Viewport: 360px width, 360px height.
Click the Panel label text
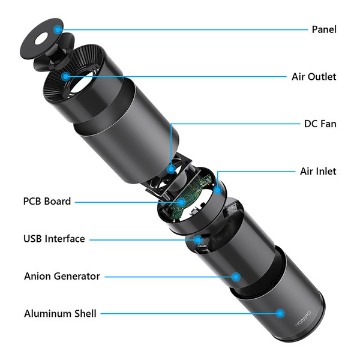point(324,29)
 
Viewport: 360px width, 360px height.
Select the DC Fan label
point(320,124)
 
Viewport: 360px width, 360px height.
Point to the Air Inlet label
point(318,171)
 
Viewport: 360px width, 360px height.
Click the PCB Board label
point(47,201)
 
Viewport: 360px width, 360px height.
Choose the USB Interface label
point(54,239)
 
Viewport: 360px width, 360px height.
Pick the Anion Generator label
point(62,276)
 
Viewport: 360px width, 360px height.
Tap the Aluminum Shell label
point(60,313)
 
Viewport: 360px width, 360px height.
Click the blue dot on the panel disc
point(58,28)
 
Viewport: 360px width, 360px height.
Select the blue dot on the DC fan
point(172,169)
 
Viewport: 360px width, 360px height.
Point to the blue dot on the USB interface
point(197,239)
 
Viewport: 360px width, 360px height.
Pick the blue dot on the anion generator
point(236,277)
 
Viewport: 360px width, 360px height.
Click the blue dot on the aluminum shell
point(279,313)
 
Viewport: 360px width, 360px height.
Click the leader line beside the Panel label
point(180,29)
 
